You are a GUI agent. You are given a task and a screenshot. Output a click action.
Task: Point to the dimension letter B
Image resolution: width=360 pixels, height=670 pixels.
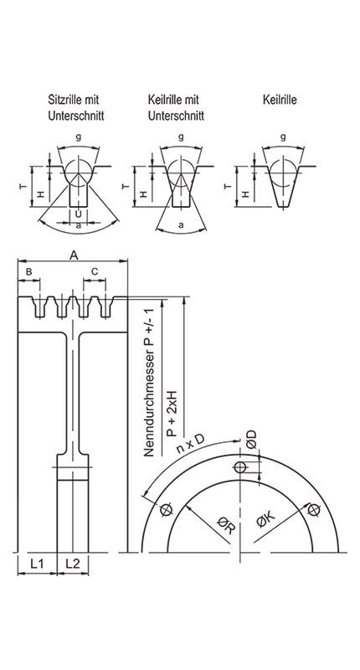28,272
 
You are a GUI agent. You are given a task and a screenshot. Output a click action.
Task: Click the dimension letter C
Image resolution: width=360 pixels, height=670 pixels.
95,272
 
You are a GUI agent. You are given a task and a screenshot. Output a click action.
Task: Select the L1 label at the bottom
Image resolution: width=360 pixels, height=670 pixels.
37,562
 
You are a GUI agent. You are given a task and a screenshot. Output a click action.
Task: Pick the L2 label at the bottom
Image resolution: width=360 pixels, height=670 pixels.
73,562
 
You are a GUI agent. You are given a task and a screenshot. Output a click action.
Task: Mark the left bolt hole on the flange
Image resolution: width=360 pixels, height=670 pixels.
165,508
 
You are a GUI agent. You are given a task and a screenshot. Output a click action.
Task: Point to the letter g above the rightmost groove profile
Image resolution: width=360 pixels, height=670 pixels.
283,137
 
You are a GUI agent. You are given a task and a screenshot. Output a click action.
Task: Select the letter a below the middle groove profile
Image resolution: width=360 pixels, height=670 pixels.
181,225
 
